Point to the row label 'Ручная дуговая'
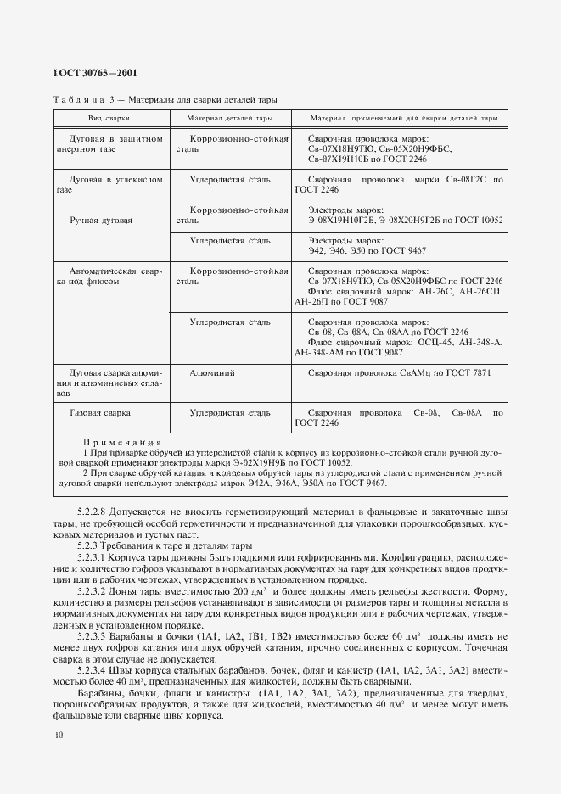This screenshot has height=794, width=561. (x=101, y=220)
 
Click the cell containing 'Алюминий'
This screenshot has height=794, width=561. (x=213, y=372)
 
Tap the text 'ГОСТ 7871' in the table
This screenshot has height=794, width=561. (x=467, y=372)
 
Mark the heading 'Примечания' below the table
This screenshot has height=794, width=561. (x=122, y=443)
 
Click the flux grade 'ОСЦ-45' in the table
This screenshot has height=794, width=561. (x=457, y=342)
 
